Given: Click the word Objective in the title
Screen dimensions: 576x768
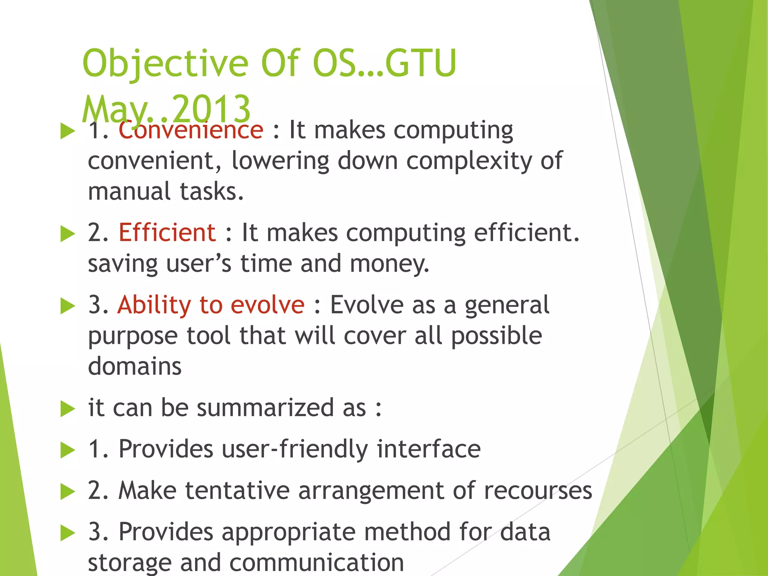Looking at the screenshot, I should tap(165, 64).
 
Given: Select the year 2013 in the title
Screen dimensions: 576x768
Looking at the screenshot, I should tap(212, 109).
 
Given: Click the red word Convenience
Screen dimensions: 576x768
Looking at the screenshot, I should tap(191, 130).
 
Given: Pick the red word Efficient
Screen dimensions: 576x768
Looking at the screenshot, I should tap(167, 232).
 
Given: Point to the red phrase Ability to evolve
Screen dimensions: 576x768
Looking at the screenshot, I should tap(211, 304).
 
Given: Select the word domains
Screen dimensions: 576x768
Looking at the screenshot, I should tap(135, 366).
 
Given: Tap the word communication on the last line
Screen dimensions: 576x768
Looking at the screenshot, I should tap(316, 562).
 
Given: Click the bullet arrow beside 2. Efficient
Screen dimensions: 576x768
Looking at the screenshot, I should tap(67, 234).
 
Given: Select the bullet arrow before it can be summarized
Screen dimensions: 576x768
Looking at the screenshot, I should tap(67, 409).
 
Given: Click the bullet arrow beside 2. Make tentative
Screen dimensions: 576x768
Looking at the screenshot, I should tap(67, 492).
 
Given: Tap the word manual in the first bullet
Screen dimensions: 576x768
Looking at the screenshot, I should tap(129, 191).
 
